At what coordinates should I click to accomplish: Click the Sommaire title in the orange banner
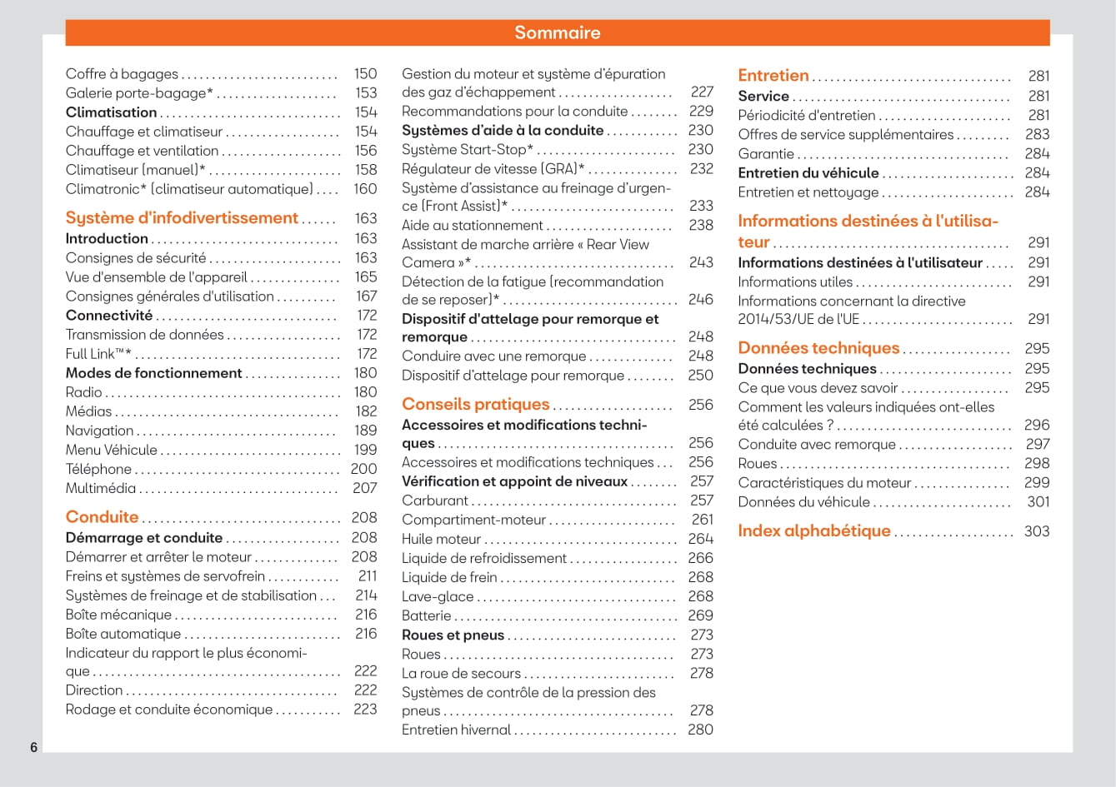click(557, 32)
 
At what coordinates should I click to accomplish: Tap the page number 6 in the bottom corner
click(34, 747)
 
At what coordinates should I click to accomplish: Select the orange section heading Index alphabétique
click(813, 531)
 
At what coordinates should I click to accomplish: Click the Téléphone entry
click(98, 469)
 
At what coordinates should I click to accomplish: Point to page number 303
click(1037, 531)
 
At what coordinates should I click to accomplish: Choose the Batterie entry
click(426, 615)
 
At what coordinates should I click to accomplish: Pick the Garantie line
click(766, 154)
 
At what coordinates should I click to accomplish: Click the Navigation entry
click(99, 431)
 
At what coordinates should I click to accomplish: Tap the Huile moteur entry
click(441, 539)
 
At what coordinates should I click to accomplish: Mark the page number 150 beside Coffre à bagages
click(365, 74)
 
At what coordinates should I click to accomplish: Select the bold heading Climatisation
click(111, 112)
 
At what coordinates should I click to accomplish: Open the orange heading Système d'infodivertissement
click(182, 218)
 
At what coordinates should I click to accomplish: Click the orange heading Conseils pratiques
click(475, 405)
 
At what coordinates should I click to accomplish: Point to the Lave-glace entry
click(438, 596)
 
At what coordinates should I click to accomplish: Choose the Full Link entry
click(98, 354)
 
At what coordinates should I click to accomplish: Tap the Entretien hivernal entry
click(456, 730)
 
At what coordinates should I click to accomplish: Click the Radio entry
click(84, 392)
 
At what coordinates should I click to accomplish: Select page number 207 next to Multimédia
click(364, 488)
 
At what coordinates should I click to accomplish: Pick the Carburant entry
click(435, 501)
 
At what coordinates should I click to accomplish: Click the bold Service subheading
click(763, 96)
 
